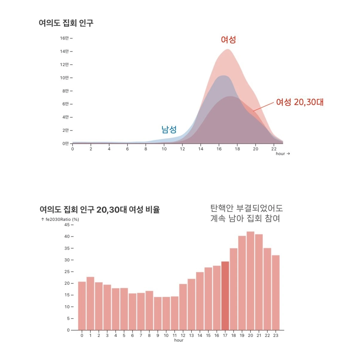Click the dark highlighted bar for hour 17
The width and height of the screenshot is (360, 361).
[x=225, y=296]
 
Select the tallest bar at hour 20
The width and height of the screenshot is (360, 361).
[x=250, y=281]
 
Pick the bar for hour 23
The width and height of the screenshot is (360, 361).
[x=276, y=293]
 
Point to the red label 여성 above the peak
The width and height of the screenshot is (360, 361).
[x=228, y=39]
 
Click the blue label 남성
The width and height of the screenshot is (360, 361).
[x=169, y=129]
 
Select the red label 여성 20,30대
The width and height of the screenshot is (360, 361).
[x=300, y=102]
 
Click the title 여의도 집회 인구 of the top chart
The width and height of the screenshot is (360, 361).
[x=66, y=23]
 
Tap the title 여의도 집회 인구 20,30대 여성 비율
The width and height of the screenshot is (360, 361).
[x=100, y=209]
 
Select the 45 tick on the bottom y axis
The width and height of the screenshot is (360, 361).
[x=67, y=225]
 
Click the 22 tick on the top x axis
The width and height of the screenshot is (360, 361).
[x=274, y=149]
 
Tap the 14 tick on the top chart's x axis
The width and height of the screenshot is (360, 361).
[x=201, y=149]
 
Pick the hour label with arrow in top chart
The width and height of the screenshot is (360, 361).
[x=283, y=154]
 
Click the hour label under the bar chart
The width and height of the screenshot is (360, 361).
[x=179, y=340]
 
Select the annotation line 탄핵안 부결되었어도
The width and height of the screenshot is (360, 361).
[x=247, y=208]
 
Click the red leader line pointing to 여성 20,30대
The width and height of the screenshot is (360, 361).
[x=263, y=106]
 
